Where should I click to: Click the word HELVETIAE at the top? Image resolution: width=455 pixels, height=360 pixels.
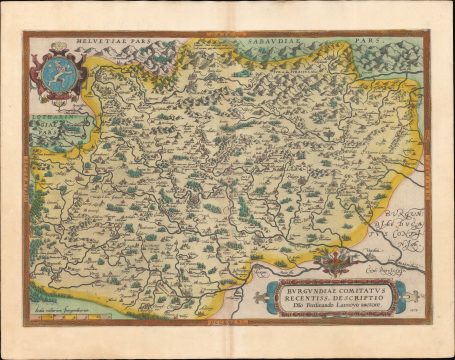(x=97, y=45)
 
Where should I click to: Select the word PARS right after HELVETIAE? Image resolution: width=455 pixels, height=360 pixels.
(x=141, y=45)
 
